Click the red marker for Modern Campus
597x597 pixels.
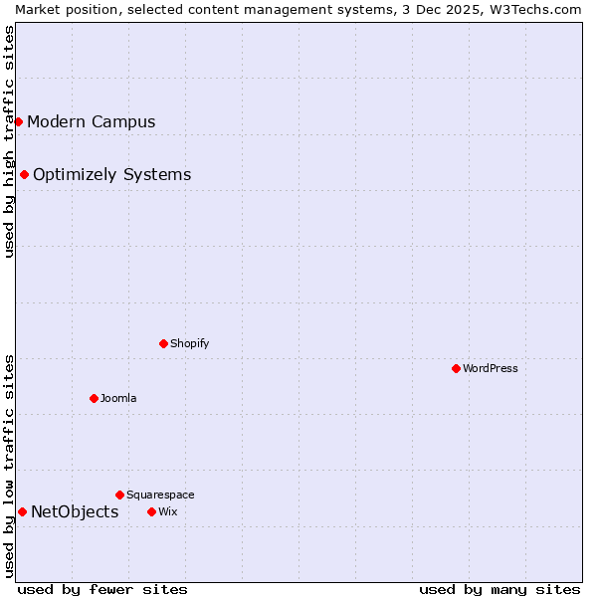18,121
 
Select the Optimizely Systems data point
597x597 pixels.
24,174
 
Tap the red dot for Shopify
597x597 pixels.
163,343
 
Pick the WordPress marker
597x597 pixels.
456,368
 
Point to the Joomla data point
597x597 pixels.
94,398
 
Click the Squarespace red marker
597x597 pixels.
119,495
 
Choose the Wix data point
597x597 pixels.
151,511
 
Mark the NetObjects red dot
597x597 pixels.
22,511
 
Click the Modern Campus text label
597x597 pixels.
92,121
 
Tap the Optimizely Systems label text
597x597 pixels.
111,174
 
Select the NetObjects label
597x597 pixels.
75,511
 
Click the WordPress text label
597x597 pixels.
491,368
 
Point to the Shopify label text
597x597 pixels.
189,343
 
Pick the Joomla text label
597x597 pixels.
118,398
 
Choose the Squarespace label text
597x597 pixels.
160,495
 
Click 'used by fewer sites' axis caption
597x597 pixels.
102,589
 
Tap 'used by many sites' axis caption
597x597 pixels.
499,589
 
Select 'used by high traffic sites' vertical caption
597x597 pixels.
9,141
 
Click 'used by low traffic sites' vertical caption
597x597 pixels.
9,466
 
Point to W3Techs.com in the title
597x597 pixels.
538,9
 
